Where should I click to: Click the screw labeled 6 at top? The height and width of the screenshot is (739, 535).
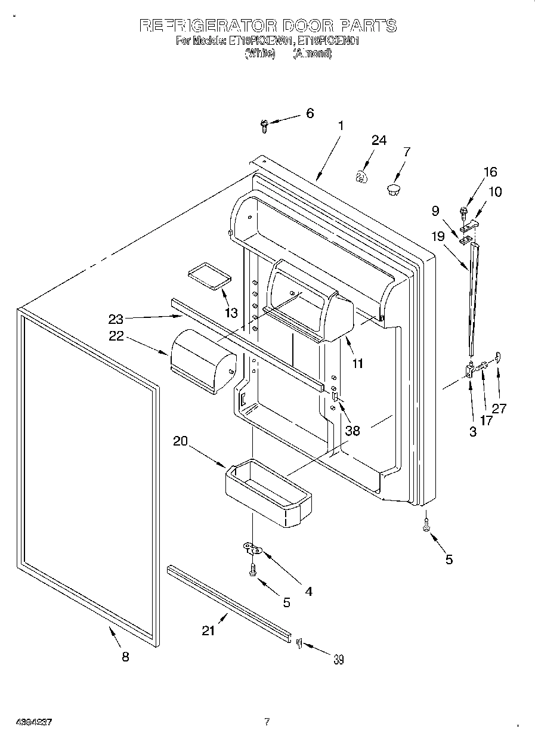point(264,125)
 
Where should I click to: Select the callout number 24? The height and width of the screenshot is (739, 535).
point(379,140)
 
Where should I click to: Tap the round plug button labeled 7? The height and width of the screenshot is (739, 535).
point(393,190)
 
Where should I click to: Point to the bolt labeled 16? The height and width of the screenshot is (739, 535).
point(464,211)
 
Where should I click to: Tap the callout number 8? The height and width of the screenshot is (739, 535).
point(125,657)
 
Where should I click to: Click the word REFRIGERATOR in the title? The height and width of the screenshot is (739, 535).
point(208,26)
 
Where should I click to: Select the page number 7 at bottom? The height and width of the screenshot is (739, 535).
point(267,722)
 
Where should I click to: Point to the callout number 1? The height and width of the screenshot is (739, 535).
point(341,126)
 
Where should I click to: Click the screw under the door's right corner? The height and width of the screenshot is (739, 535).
point(426,525)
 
